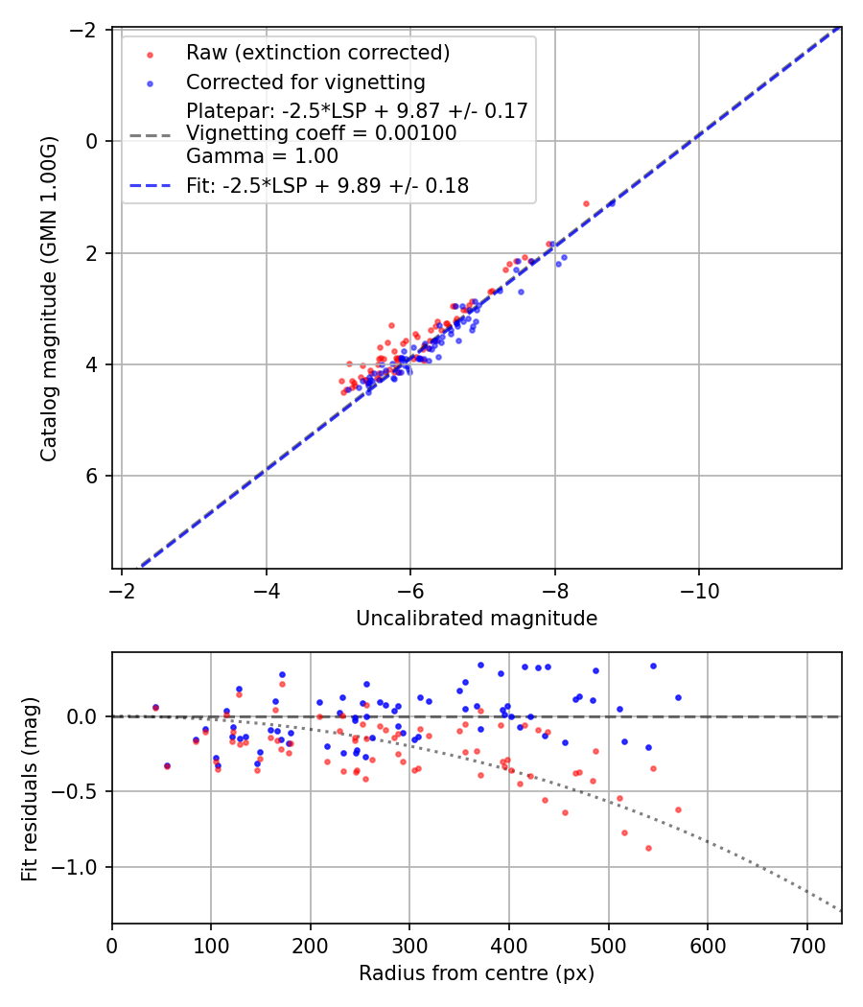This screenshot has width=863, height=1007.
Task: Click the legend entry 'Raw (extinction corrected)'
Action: tap(317, 52)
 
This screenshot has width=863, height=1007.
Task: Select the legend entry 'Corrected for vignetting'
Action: tap(306, 82)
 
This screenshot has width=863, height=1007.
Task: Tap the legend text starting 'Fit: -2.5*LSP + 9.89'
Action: tap(327, 186)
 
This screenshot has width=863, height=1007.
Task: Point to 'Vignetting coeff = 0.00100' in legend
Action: tap(321, 133)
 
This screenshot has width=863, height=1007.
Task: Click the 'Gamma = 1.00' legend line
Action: tap(262, 155)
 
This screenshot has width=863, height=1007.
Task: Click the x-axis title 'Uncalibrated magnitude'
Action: tap(477, 619)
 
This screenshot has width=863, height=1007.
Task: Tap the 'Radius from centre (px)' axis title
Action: tap(477, 973)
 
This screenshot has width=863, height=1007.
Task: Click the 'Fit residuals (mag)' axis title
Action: tap(30, 788)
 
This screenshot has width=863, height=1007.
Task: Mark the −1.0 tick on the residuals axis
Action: tap(82, 867)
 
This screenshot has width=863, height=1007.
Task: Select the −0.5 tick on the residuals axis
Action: tap(82, 791)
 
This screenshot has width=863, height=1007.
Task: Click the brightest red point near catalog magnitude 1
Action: tap(586, 203)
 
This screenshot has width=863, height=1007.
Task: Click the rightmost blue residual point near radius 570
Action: tap(678, 697)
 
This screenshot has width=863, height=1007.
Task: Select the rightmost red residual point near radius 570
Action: tap(678, 809)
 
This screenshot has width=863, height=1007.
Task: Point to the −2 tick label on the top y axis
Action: tap(88, 30)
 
